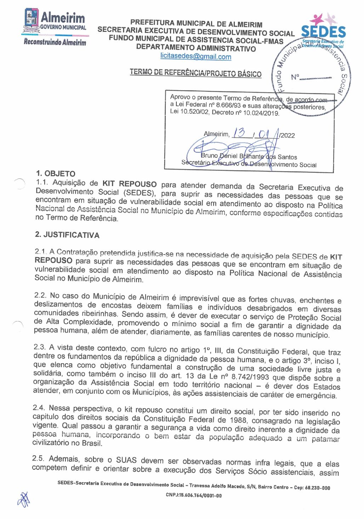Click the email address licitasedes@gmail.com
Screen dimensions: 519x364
195,56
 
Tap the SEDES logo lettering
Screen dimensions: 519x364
323,32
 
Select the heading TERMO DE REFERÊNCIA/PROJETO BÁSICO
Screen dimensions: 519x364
195,73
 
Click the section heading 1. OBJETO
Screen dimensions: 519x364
56,173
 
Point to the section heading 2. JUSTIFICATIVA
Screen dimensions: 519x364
67,235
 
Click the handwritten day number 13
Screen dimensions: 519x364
239,133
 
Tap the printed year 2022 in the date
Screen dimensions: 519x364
287,135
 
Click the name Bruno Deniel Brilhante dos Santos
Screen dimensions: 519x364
249,156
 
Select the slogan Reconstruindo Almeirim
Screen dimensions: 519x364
55,42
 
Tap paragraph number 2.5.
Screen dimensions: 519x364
38,458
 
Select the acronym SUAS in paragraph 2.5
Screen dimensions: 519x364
126,460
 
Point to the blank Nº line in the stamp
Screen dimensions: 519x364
315,78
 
